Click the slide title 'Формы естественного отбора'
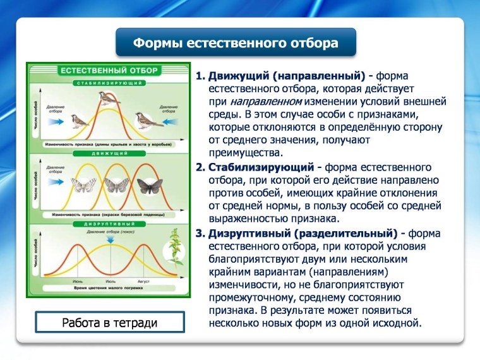pos(236,44)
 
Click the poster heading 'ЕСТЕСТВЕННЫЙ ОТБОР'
pos(109,71)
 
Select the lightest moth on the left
pos(80,186)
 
